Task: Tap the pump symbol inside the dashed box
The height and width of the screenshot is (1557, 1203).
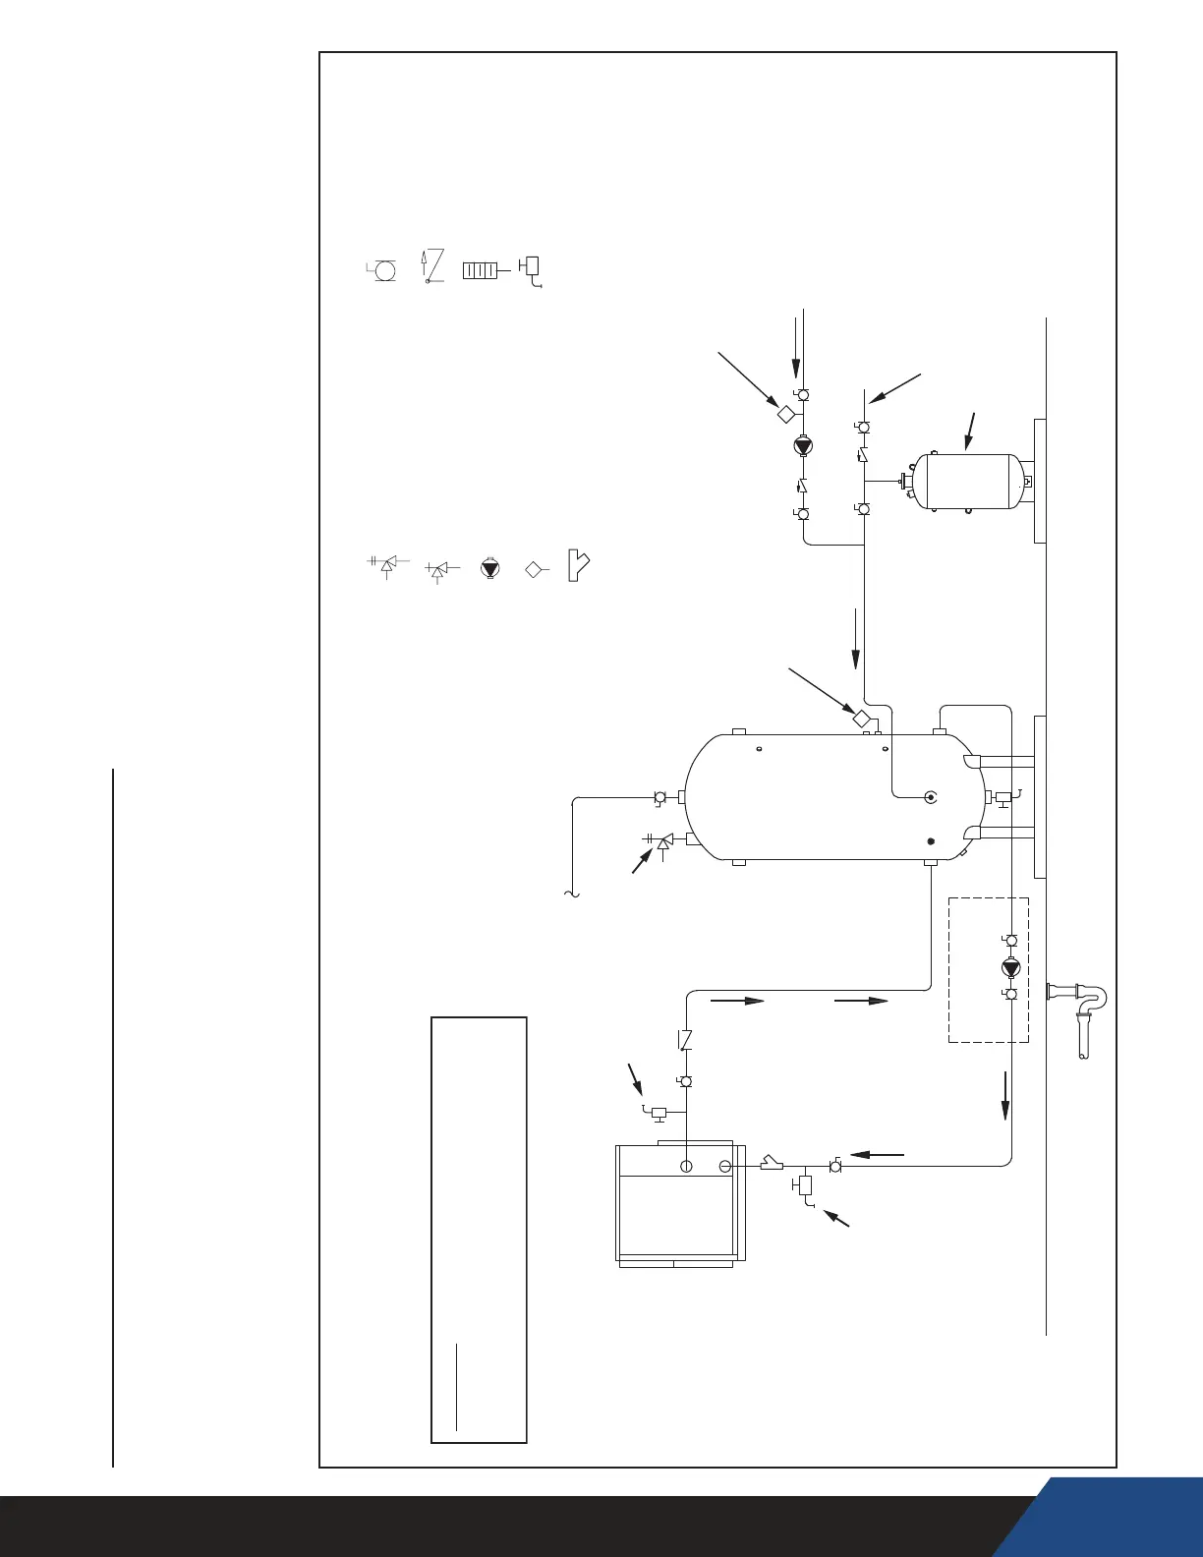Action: [1010, 967]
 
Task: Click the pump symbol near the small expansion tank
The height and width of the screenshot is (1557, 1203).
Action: [803, 445]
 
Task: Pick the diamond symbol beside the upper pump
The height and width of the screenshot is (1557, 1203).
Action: [785, 414]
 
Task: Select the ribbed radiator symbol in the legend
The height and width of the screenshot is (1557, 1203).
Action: [480, 269]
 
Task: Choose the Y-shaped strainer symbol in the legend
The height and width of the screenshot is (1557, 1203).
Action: [579, 568]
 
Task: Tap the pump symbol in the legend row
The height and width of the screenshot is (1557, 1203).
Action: [489, 568]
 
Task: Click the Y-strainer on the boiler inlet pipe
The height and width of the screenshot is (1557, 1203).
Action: [772, 1166]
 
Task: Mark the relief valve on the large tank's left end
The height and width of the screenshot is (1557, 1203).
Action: [664, 841]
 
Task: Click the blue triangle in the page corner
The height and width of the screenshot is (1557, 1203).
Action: [1130, 1519]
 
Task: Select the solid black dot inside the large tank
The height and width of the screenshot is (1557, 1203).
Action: [931, 841]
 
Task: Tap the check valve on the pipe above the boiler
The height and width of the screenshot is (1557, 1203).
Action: [686, 1039]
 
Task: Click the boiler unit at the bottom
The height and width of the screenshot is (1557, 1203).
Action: [677, 1203]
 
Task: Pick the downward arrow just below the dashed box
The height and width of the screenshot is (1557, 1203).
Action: [1005, 1095]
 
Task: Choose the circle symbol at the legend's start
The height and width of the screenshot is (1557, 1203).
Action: [384, 269]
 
